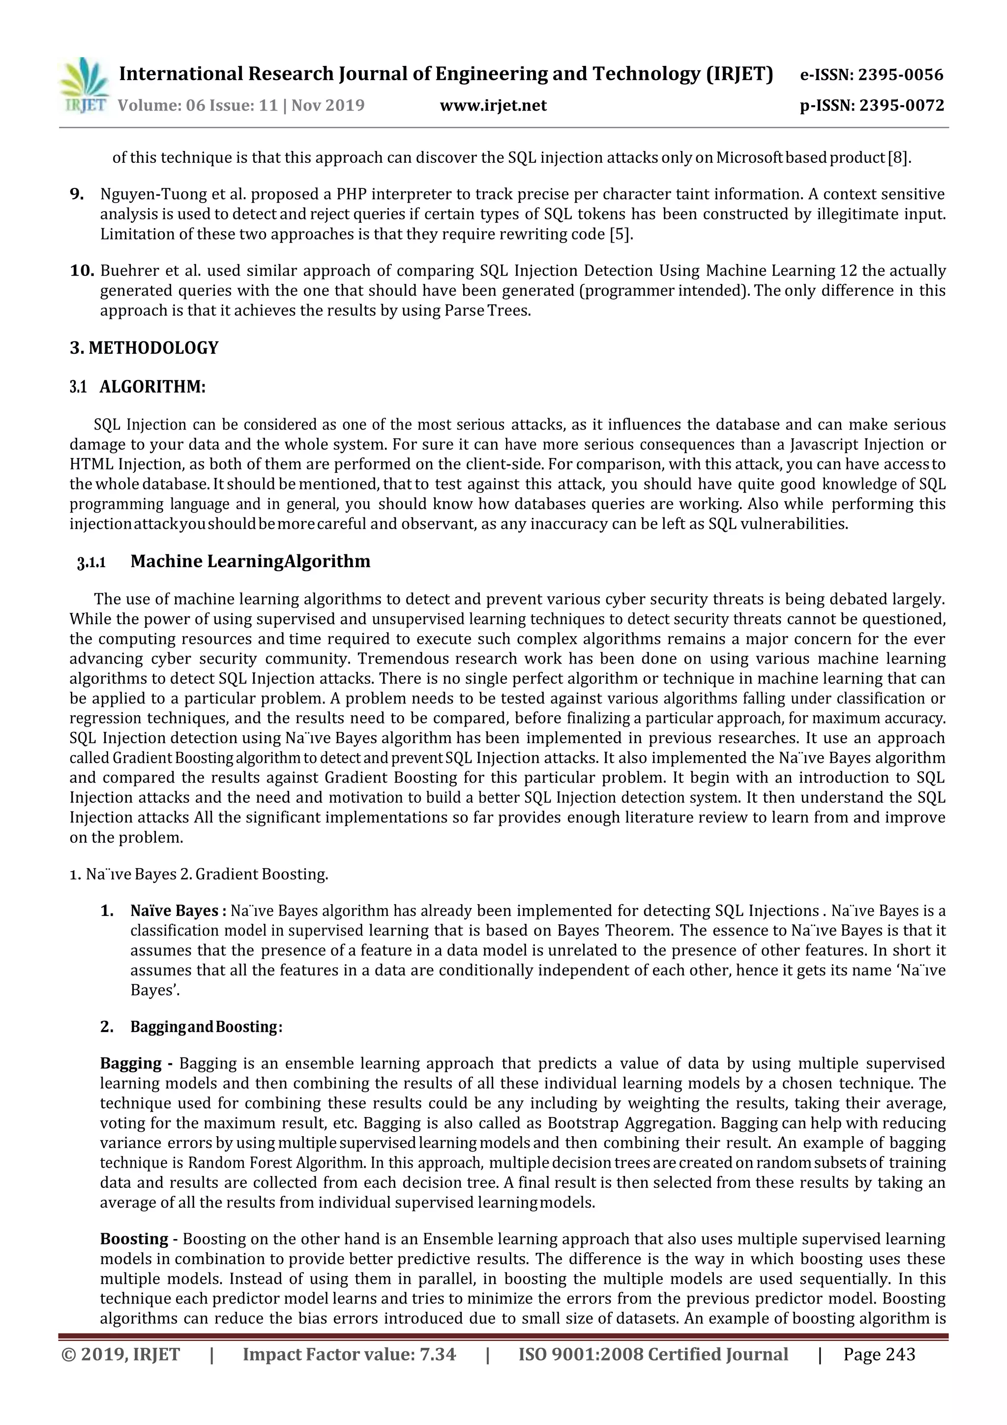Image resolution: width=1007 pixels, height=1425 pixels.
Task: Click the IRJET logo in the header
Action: (84, 86)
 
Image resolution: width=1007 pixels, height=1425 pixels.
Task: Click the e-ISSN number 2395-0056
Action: (871, 75)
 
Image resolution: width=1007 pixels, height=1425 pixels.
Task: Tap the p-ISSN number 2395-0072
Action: (872, 105)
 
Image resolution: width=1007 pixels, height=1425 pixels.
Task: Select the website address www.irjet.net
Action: (493, 105)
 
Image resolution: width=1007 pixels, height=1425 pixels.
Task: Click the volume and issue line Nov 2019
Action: (241, 105)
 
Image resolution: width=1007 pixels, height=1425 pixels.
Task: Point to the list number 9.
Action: (77, 194)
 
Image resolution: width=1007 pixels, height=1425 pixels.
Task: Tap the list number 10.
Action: (81, 271)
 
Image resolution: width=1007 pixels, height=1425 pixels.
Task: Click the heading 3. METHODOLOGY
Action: (144, 348)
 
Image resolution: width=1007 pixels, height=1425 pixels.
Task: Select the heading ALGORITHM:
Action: (152, 387)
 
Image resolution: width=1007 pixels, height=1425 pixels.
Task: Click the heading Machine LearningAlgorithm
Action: (250, 561)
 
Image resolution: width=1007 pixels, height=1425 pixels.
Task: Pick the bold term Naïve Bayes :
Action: (178, 910)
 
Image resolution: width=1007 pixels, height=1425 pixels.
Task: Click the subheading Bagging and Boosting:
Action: (206, 1027)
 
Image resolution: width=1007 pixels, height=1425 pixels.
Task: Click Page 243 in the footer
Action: (879, 1354)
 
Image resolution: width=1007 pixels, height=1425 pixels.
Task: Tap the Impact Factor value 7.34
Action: (349, 1354)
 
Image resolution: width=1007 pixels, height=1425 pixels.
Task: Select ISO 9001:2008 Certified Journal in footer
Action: (652, 1354)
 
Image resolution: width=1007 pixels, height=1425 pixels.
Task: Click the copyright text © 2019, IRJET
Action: (121, 1354)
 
